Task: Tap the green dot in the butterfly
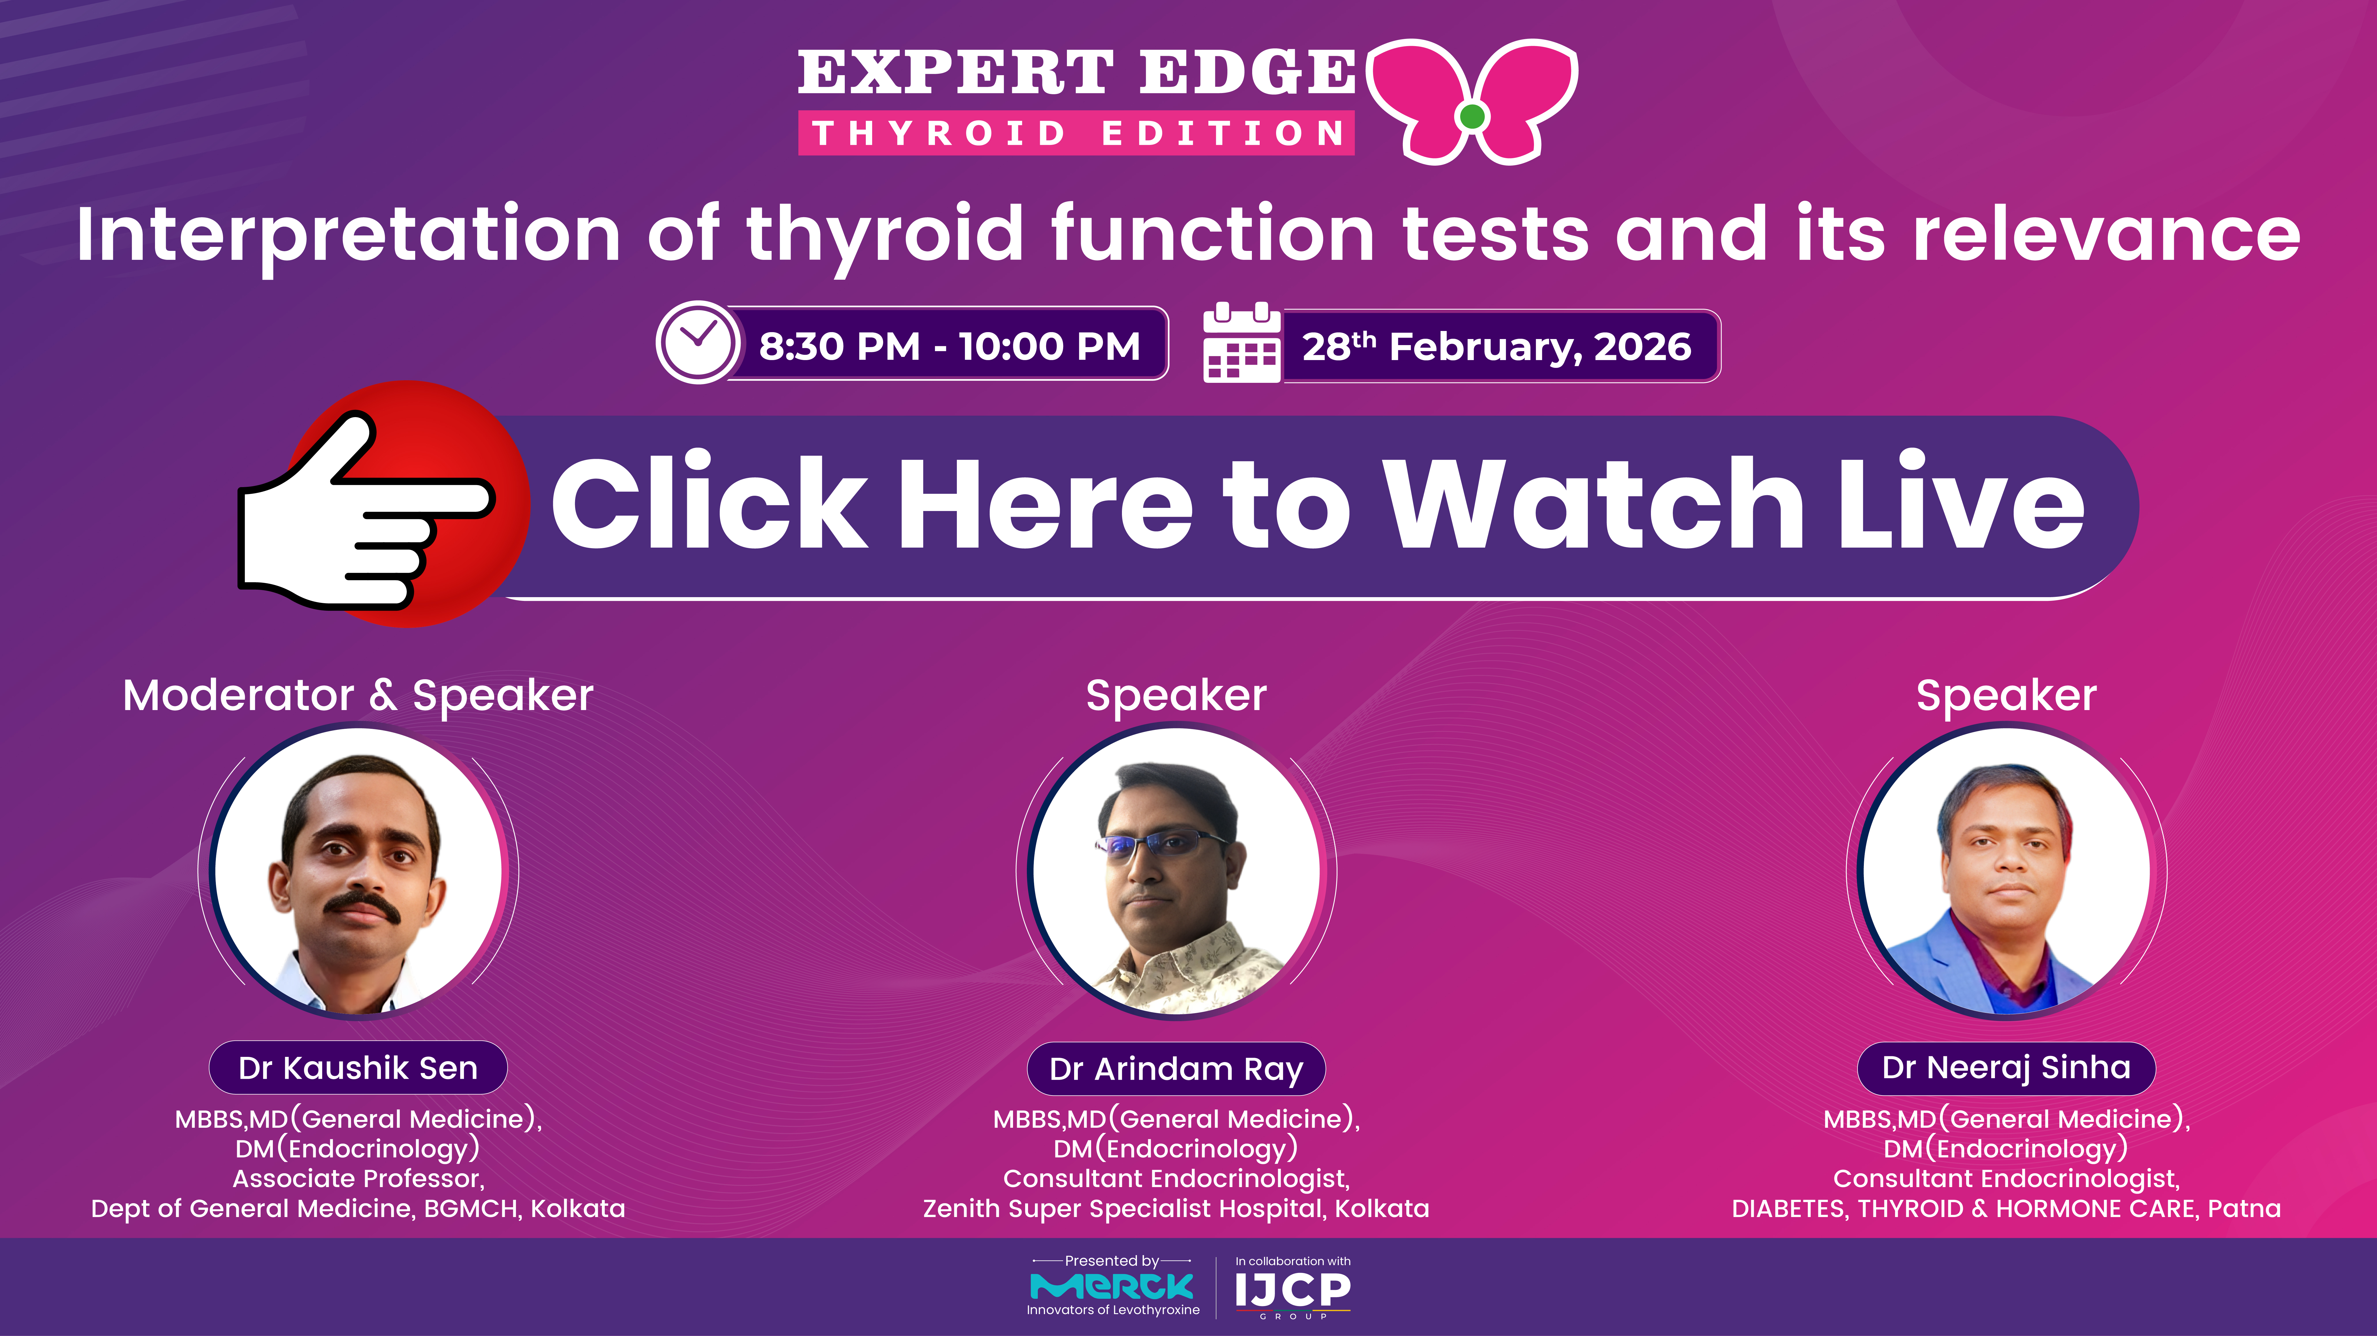[x=1473, y=116]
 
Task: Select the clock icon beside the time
[x=698, y=342]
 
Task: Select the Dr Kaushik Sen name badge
[x=358, y=1068]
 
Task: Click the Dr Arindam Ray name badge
[x=1176, y=1068]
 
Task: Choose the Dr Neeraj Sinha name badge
[x=2006, y=1068]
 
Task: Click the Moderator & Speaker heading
[x=358, y=695]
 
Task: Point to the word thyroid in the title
[x=884, y=235]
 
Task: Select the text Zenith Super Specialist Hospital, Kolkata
[x=1176, y=1209]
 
